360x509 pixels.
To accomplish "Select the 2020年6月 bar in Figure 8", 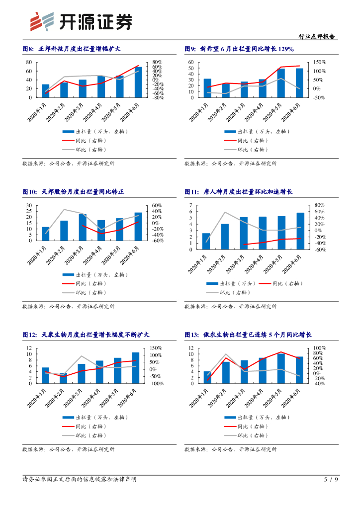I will tap(138, 82).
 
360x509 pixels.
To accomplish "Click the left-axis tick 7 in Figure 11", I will tap(191, 205).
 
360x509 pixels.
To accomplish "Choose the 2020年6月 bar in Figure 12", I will tap(135, 368).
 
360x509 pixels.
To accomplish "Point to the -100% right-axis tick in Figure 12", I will tap(157, 384).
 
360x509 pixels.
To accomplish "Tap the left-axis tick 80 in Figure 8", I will tap(29, 62).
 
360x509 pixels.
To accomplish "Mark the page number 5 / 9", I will tap(331, 479).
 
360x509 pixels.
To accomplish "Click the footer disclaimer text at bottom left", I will tap(80, 479).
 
